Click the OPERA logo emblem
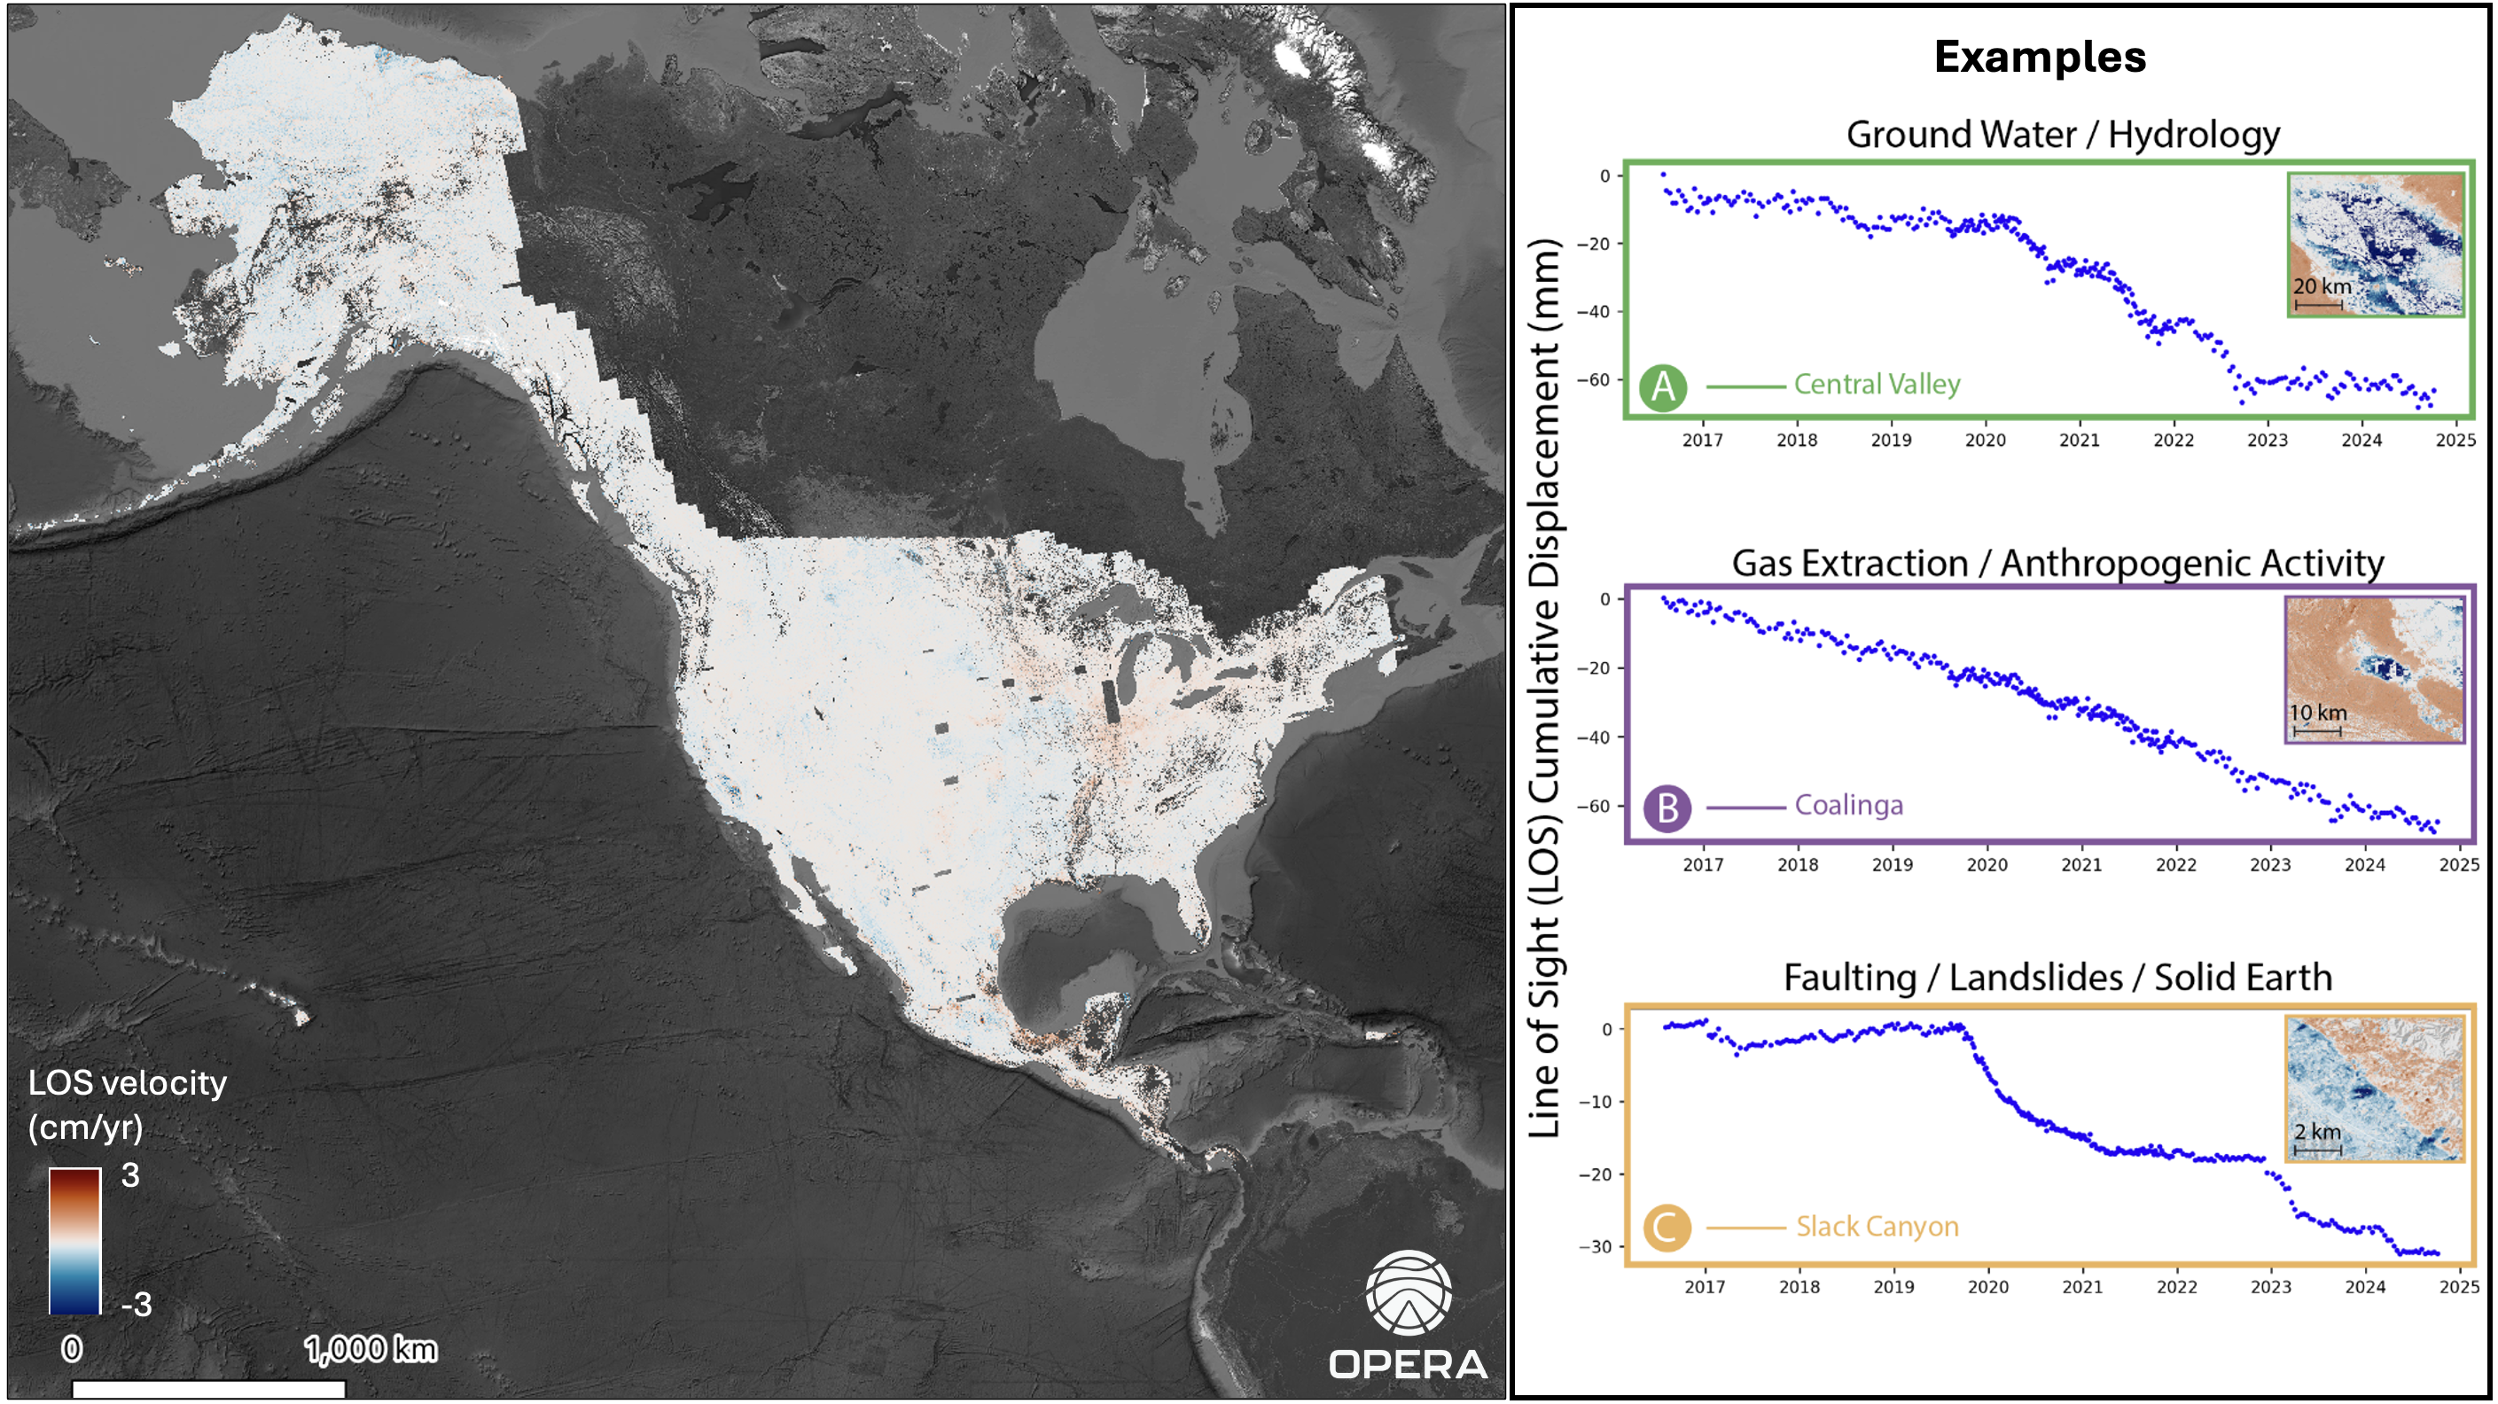pos(1408,1293)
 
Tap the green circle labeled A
pos(1663,386)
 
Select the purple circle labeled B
pos(1667,807)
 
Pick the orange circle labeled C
pos(1667,1228)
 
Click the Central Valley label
pos(1877,385)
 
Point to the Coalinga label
pos(1848,806)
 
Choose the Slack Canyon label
pos(1877,1227)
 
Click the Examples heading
pos(2041,58)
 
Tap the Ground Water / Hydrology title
pos(2063,135)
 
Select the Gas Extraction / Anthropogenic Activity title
pos(2057,564)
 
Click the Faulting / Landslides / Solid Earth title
pos(2057,978)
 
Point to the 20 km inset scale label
pos(2322,287)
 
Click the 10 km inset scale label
pos(2318,713)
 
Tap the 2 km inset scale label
pos(2318,1132)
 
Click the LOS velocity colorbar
pos(74,1241)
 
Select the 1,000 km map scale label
pos(371,1349)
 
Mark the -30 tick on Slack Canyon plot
pos(1596,1247)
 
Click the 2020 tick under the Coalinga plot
pos(1986,865)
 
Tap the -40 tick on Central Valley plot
pos(1592,312)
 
